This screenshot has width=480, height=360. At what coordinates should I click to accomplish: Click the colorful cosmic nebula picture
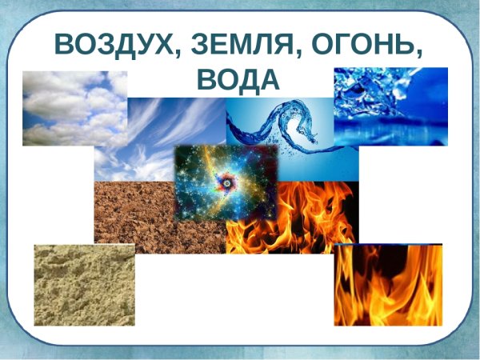pos(226,183)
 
